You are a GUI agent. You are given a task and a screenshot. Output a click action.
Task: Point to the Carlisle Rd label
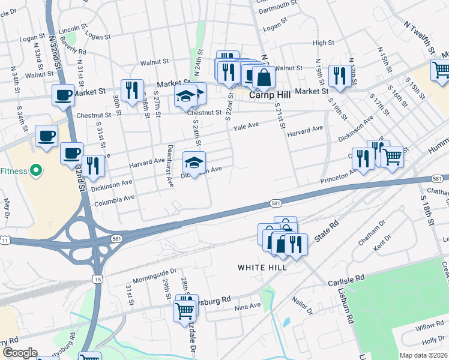(346, 280)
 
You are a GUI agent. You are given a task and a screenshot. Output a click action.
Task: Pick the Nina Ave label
(247, 306)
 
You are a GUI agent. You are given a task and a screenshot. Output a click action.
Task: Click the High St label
(323, 43)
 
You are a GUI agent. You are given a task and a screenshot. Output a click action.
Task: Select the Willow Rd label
(429, 326)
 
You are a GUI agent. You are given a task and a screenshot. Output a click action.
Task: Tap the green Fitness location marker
(35, 171)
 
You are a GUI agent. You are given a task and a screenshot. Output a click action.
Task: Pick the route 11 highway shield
(5, 240)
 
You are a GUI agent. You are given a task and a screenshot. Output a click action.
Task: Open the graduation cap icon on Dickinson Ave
(193, 162)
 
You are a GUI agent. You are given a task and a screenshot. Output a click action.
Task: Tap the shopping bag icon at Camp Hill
(264, 76)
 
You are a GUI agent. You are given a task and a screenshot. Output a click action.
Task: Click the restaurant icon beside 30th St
(131, 90)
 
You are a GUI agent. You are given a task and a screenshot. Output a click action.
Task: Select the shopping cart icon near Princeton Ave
(392, 157)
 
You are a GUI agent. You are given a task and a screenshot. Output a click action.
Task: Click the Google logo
(19, 353)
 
